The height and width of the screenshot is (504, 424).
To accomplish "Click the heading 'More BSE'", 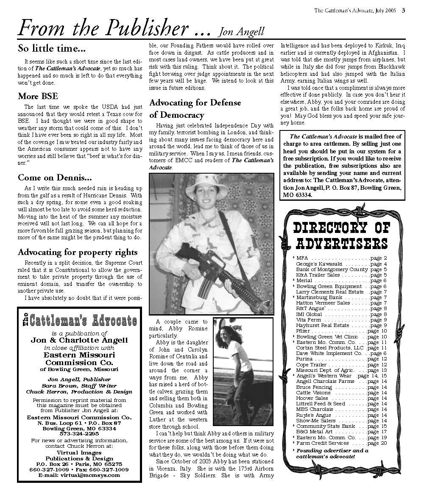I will (x=38, y=96).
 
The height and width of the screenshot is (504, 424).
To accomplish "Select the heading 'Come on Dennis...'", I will (x=55, y=177).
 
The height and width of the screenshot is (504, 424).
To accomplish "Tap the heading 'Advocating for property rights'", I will (x=78, y=252).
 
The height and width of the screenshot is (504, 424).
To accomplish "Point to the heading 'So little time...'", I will (x=52, y=48).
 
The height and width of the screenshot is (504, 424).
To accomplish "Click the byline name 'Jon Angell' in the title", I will (x=241, y=32).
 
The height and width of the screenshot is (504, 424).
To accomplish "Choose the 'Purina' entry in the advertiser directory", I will (x=304, y=359).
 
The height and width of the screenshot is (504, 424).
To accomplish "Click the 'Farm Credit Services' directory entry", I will (x=322, y=443).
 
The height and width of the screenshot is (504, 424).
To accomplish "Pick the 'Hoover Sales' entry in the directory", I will (x=312, y=398).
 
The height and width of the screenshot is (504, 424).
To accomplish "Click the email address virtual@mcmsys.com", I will (x=79, y=475).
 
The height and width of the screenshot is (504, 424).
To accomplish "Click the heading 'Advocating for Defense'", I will (x=195, y=102).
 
